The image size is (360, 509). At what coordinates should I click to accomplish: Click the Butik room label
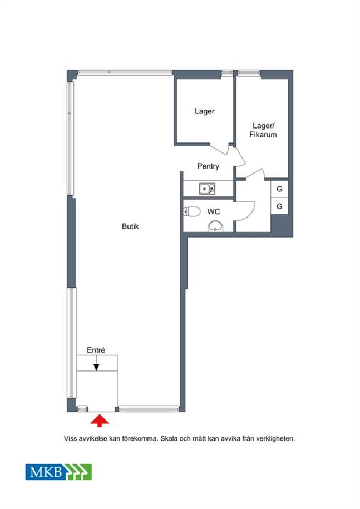(x=130, y=226)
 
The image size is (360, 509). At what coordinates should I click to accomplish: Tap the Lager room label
(x=205, y=111)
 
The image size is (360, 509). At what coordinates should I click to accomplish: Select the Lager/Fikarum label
(x=263, y=130)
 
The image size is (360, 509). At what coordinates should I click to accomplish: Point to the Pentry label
(x=208, y=166)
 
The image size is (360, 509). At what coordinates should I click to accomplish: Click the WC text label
(x=214, y=211)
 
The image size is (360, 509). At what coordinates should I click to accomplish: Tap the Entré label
(x=96, y=350)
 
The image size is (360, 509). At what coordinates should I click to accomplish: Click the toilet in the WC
(x=192, y=211)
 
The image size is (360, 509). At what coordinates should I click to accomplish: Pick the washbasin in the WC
(x=215, y=226)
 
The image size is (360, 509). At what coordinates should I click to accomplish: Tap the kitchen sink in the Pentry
(x=207, y=189)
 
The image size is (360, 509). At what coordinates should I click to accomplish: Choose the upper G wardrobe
(x=279, y=189)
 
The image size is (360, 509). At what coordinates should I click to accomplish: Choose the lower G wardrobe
(x=279, y=206)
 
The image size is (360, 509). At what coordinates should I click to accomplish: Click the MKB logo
(x=59, y=472)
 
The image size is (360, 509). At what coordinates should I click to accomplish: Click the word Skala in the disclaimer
(x=169, y=438)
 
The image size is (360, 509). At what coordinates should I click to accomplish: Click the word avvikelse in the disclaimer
(x=93, y=438)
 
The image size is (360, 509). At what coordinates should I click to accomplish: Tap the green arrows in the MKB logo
(x=78, y=472)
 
